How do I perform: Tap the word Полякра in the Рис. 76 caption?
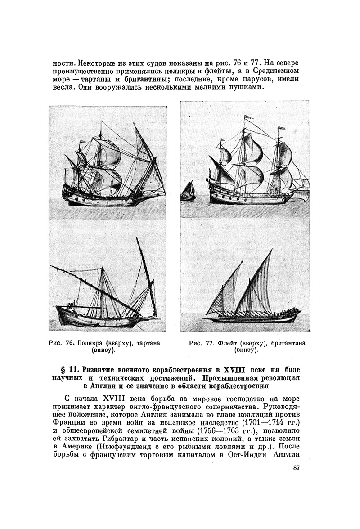pos(89,343)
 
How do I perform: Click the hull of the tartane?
pos(94,317)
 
